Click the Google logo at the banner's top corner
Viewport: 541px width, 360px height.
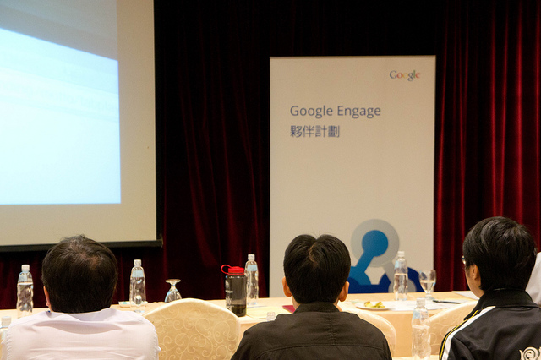405,75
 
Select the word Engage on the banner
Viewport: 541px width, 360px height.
358,112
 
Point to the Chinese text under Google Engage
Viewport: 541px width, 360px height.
314,131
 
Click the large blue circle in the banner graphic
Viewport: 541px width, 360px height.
374,243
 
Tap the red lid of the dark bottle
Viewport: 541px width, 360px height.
233,270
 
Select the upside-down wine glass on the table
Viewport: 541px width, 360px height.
172,291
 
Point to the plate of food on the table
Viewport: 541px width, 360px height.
374,305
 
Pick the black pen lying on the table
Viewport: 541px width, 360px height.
446,302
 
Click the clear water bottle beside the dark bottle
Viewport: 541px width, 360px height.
252,280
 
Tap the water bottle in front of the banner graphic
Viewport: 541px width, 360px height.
401,275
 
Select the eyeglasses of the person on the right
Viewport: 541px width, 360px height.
464,261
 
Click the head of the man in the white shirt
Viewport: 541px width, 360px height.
79,274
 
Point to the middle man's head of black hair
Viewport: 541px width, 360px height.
316,267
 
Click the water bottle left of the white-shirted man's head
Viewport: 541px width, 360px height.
25,291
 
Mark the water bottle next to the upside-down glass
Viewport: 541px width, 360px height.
138,286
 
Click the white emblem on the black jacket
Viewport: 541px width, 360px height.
530,353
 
